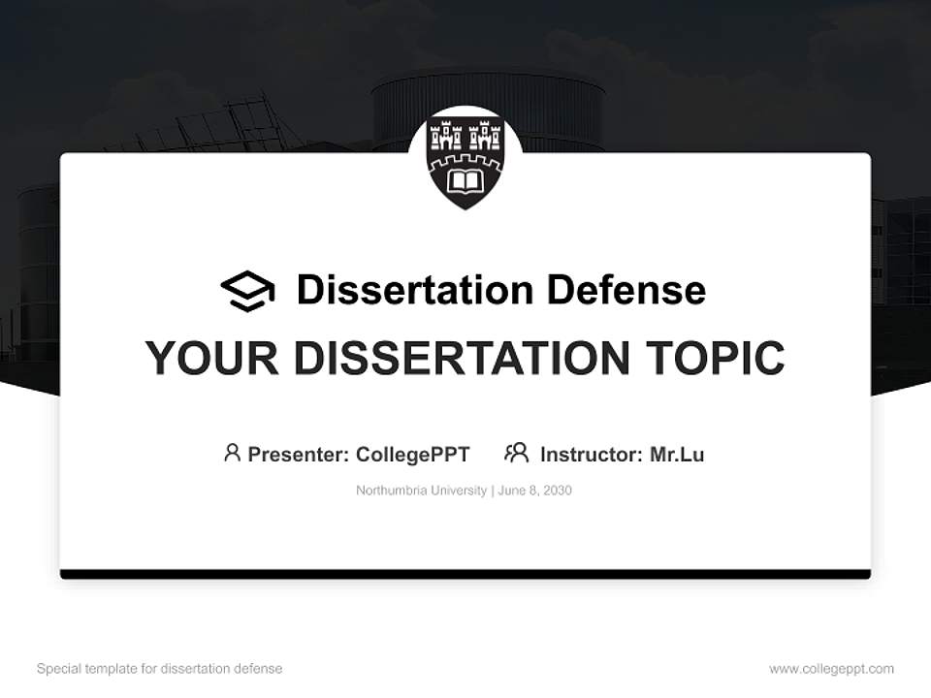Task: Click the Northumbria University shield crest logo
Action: pyautogui.click(x=465, y=163)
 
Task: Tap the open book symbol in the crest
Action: pyautogui.click(x=465, y=181)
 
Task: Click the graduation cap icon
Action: pyautogui.click(x=247, y=291)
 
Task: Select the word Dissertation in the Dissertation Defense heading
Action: pyautogui.click(x=415, y=290)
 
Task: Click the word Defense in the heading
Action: pyautogui.click(x=626, y=290)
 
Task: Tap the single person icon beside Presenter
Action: pyautogui.click(x=232, y=453)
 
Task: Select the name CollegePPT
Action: pyautogui.click(x=413, y=455)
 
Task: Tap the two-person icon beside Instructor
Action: pyautogui.click(x=517, y=453)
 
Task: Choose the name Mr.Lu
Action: pyautogui.click(x=677, y=455)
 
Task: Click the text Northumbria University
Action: pyautogui.click(x=422, y=491)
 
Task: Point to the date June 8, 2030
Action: pyautogui.click(x=535, y=491)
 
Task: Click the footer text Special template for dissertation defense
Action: pyautogui.click(x=160, y=669)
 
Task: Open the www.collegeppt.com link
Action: pyautogui.click(x=832, y=669)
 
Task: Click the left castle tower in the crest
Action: pyautogui.click(x=446, y=136)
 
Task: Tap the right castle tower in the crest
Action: pyautogui.click(x=485, y=136)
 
